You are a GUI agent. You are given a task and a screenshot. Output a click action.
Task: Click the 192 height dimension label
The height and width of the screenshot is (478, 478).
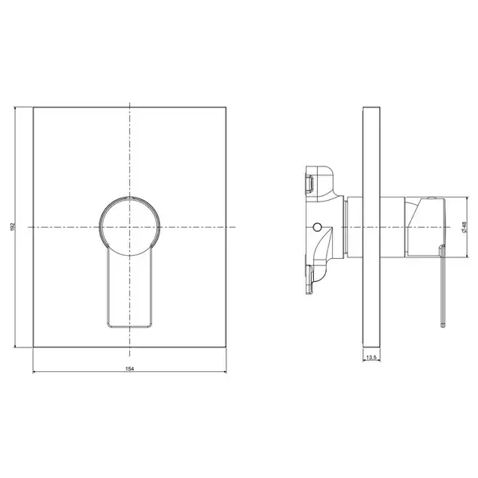click(x=13, y=227)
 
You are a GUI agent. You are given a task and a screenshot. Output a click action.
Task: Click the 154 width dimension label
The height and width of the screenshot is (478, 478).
click(x=130, y=369)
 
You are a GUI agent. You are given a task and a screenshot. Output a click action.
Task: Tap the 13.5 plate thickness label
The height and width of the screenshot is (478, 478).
click(x=371, y=357)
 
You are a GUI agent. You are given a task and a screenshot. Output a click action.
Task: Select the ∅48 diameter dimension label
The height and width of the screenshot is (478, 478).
click(x=464, y=227)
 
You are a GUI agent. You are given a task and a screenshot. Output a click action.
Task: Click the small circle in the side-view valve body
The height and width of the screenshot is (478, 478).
click(x=317, y=227)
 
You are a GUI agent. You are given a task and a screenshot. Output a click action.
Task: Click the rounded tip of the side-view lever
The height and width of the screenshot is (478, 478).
click(x=443, y=326)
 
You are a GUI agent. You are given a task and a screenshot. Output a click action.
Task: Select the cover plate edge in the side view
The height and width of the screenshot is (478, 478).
click(x=371, y=227)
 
